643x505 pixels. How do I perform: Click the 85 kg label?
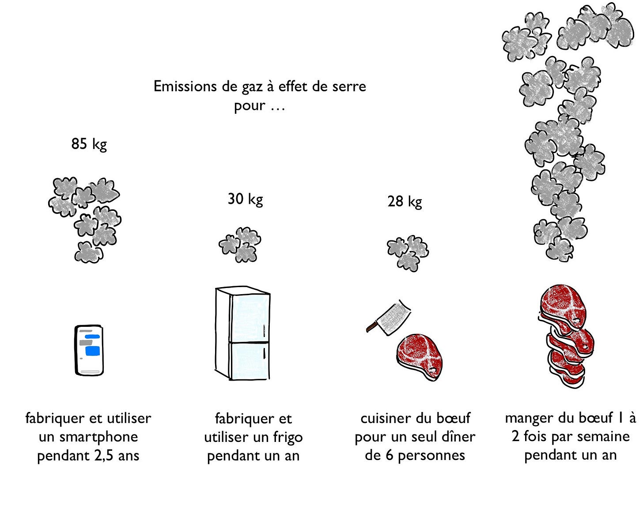89,144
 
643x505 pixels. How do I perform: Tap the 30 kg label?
245,199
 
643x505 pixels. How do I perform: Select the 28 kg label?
405,202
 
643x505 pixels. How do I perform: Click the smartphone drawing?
89,350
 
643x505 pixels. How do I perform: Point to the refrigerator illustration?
242,333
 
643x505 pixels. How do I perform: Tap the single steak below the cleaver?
420,357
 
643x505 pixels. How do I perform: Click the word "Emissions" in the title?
185,86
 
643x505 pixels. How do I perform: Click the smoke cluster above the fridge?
240,245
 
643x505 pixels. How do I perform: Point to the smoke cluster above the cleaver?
408,254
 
